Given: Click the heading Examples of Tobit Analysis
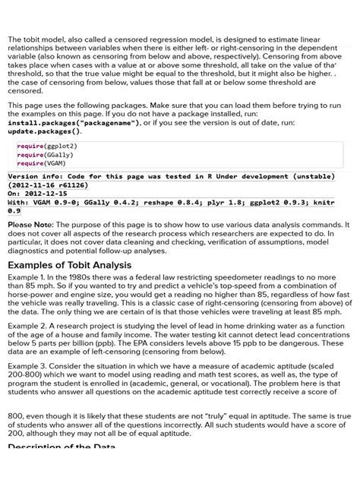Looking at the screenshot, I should (69, 265).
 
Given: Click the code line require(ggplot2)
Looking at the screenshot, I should (47, 146).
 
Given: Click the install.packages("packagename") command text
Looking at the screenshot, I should (73, 122).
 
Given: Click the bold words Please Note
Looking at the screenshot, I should (30, 226).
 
